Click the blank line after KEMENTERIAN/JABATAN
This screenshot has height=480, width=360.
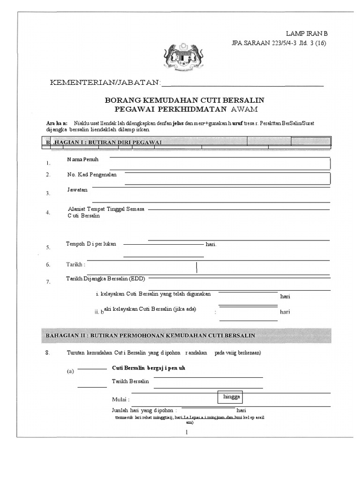(242, 85)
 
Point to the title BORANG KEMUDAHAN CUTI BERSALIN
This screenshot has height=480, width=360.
(184, 100)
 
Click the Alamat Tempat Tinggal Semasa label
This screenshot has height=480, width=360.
(106, 208)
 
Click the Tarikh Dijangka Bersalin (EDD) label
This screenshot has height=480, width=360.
(105, 279)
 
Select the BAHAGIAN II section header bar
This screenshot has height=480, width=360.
(186, 336)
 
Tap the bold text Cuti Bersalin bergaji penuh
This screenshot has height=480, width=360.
(149, 368)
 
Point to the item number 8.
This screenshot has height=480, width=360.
(47, 353)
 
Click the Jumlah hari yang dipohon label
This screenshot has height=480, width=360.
(144, 409)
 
